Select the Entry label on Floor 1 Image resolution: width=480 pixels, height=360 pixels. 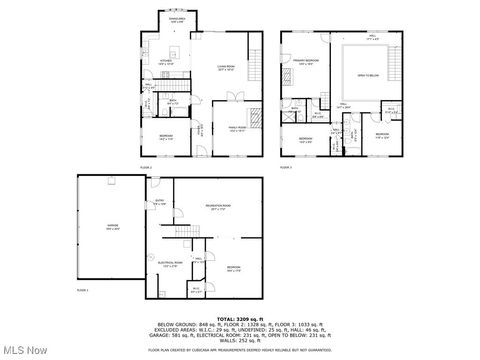pos(160,202)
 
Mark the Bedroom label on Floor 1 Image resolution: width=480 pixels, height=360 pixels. pos(233,267)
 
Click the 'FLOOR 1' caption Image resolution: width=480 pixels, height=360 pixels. pos(83,289)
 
